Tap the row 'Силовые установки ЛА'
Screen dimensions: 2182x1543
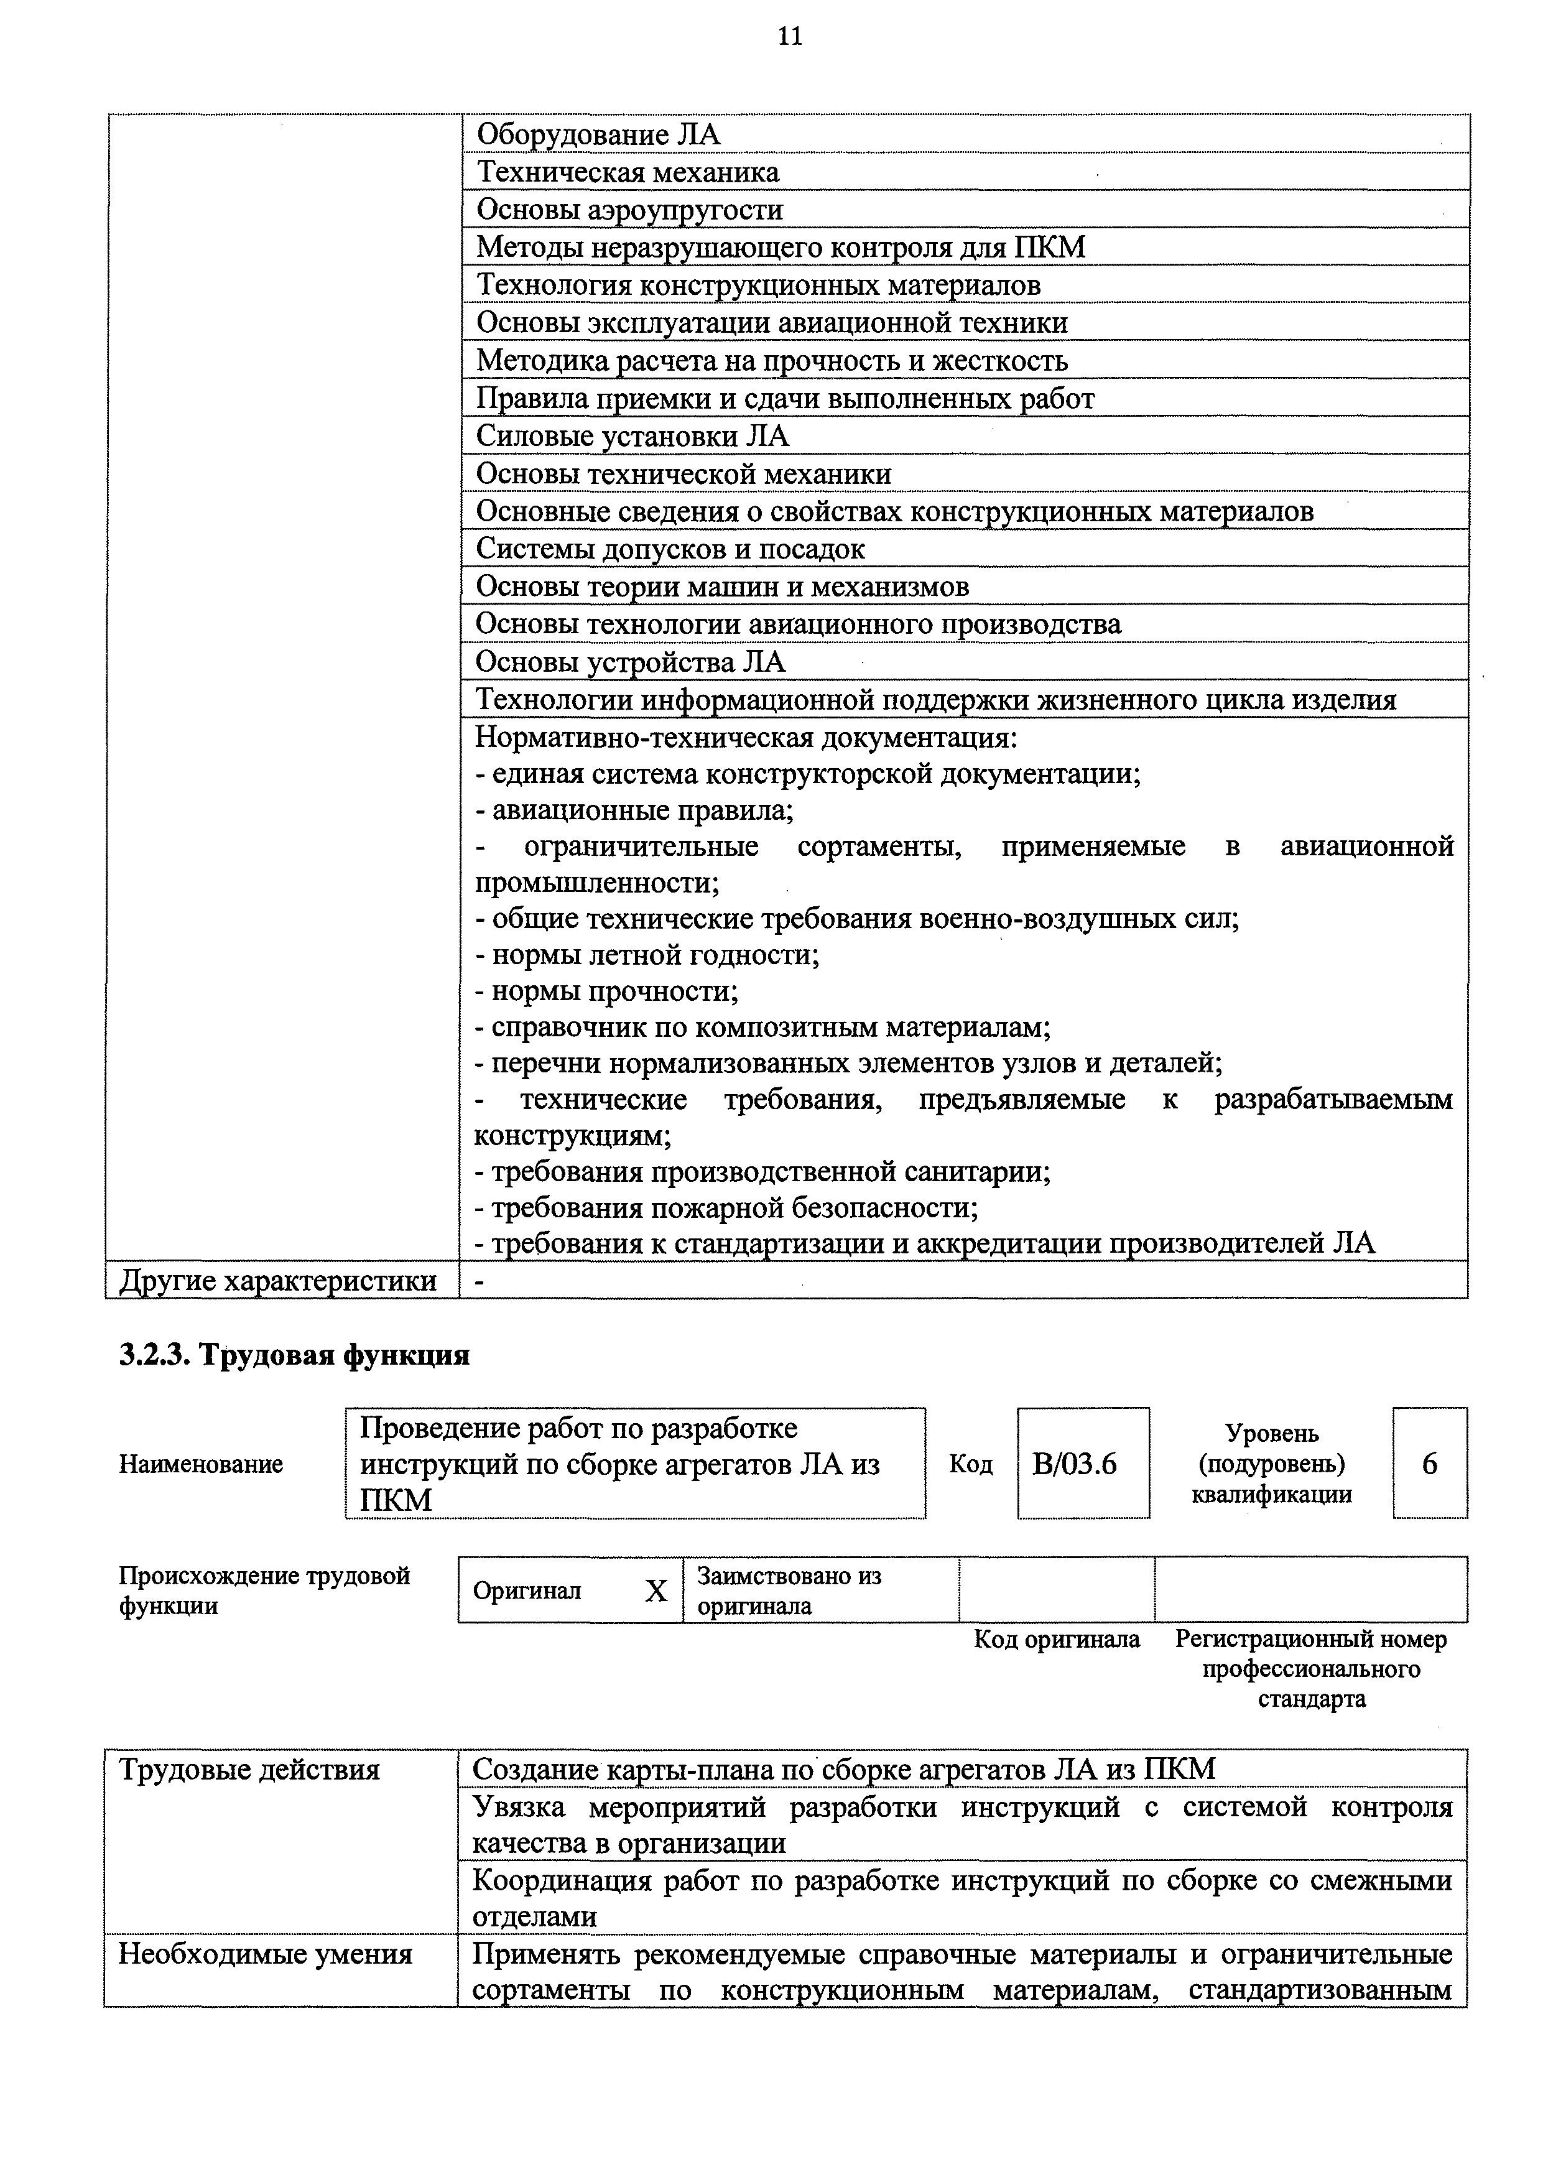pyautogui.click(x=632, y=436)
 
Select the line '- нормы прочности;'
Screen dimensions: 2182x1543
pyautogui.click(x=606, y=991)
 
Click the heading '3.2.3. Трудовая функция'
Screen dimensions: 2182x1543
pyautogui.click(x=295, y=1354)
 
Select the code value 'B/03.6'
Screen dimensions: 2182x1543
pyautogui.click(x=1075, y=1464)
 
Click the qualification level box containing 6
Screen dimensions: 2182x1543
pyautogui.click(x=1429, y=1464)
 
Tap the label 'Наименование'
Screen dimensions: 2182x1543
pyautogui.click(x=200, y=1464)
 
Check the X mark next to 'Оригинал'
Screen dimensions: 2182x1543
pyautogui.click(x=656, y=1592)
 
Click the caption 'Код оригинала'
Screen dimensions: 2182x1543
pyautogui.click(x=1057, y=1640)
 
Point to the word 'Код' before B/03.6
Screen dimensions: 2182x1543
pyautogui.click(x=971, y=1464)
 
